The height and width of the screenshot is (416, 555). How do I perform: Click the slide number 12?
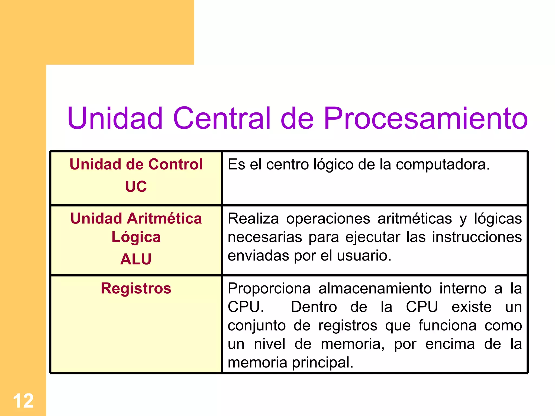pyautogui.click(x=23, y=401)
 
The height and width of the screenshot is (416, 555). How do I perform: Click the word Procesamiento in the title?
pyautogui.click(x=425, y=118)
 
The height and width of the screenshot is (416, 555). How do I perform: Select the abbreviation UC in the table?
pyautogui.click(x=136, y=186)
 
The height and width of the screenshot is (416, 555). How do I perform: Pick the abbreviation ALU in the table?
pyautogui.click(x=136, y=259)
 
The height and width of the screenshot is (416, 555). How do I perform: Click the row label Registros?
pyautogui.click(x=136, y=288)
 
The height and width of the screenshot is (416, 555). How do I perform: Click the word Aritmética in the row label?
pyautogui.click(x=164, y=219)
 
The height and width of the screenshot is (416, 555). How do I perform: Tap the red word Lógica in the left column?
pyautogui.click(x=136, y=237)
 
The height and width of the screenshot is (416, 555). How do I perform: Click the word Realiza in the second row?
pyautogui.click(x=253, y=219)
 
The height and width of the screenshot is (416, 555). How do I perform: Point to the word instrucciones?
pyautogui.click(x=477, y=237)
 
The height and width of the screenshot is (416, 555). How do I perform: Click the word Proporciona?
pyautogui.click(x=269, y=288)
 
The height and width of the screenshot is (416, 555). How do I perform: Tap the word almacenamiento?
pyautogui.click(x=375, y=288)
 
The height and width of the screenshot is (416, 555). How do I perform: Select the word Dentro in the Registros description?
pyautogui.click(x=314, y=307)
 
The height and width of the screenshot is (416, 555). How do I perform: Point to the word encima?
pyautogui.click(x=450, y=344)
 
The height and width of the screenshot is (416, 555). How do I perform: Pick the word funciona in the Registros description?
pyautogui.click(x=447, y=325)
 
